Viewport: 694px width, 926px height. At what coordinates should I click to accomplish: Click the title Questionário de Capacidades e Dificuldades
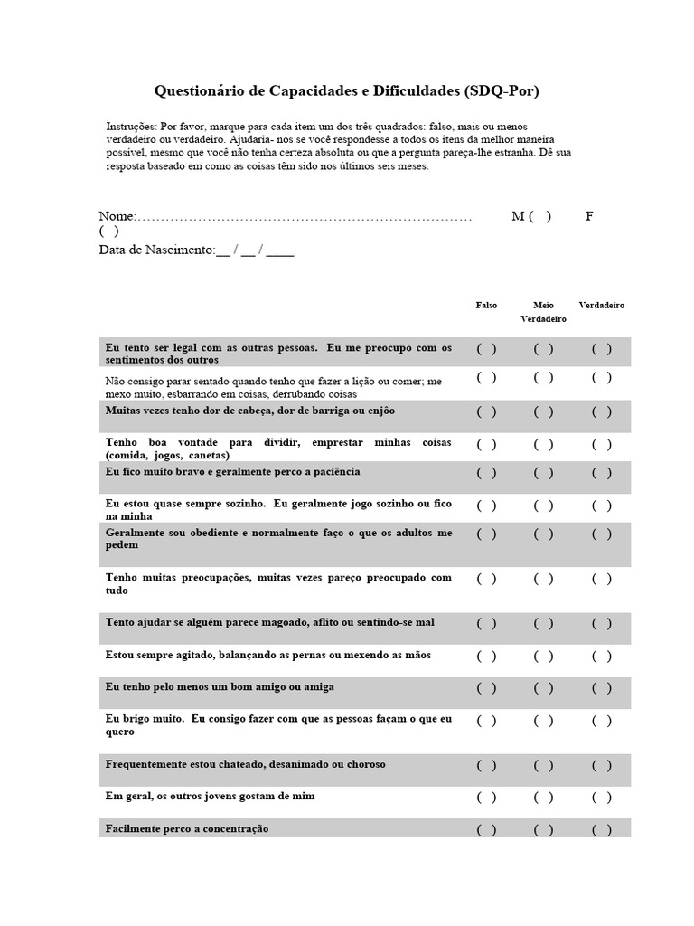347,91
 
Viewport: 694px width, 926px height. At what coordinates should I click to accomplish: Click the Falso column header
486,306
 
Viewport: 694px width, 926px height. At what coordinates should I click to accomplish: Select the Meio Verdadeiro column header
543,312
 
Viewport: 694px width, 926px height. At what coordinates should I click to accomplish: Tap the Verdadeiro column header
602,306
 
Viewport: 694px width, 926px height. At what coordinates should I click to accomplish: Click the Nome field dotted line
304,217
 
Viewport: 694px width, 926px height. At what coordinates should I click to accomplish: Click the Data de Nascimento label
156,250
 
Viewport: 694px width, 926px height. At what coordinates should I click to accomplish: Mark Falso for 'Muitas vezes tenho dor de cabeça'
486,411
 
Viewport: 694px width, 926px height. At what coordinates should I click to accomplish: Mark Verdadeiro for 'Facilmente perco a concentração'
602,829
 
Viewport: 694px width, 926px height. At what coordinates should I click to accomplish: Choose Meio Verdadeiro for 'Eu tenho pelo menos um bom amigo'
543,687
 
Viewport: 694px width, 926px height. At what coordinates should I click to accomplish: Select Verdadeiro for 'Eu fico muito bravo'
602,472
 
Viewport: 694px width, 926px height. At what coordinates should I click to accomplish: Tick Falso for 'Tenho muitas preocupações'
486,579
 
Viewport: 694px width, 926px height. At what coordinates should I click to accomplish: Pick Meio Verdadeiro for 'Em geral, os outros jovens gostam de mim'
543,797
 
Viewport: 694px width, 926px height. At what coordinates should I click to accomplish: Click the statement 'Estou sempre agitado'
268,655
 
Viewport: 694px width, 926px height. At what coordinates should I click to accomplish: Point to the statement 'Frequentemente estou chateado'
245,764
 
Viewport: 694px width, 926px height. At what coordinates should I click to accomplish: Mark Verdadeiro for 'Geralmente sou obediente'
602,534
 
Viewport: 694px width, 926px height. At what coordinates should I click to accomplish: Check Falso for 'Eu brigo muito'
486,720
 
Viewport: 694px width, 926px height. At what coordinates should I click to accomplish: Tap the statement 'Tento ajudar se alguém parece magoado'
269,622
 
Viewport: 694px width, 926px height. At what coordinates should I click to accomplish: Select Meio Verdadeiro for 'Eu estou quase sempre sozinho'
543,504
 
